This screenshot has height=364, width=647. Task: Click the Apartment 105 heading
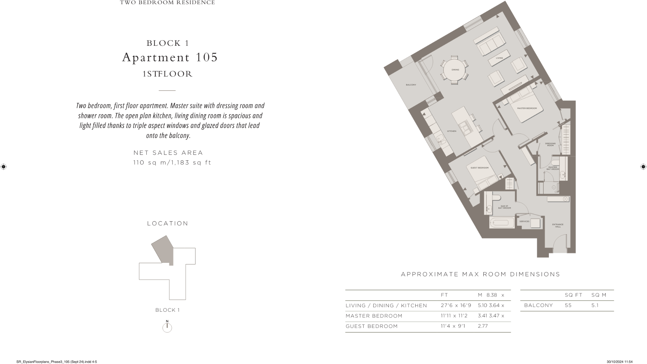point(170,57)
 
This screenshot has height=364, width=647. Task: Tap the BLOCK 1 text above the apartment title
point(168,43)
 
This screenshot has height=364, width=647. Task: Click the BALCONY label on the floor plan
point(411,85)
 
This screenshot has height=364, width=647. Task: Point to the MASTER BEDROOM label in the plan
point(527,108)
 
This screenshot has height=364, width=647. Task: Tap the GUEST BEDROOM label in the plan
point(479,168)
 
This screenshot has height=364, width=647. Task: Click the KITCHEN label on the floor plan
point(451,131)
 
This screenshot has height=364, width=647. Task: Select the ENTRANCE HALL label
point(557,226)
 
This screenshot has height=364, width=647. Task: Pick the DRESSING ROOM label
point(550,144)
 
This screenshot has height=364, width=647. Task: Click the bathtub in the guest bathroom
point(502,223)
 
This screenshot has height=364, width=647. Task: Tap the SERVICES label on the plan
point(524,221)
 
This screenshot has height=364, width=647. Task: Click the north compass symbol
point(167,327)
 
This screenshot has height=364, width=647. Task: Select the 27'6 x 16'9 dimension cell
point(456,306)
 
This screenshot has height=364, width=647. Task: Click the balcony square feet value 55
point(568,306)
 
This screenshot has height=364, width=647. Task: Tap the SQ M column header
point(598,295)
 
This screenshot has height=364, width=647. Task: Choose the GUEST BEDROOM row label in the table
point(372,326)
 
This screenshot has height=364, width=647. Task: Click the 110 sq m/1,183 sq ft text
point(172,163)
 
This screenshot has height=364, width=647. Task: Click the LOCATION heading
point(168,224)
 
